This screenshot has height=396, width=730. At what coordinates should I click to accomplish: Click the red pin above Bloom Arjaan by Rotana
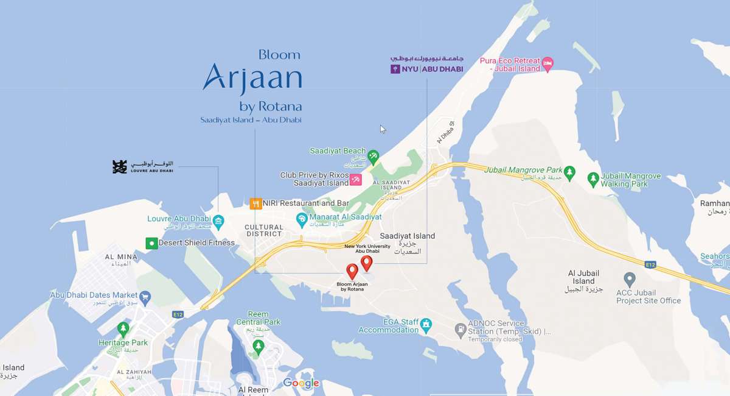point(352,271)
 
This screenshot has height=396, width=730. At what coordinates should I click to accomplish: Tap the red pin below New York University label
point(366,263)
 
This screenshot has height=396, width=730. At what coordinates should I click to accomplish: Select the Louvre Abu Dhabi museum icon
point(218,219)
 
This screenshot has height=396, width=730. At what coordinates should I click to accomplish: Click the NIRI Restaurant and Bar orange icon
point(256,203)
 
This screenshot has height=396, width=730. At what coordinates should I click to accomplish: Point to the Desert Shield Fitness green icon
point(151,243)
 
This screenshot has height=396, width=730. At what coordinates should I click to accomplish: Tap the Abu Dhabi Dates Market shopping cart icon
point(145,297)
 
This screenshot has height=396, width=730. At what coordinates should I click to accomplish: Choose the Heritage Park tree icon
point(123,330)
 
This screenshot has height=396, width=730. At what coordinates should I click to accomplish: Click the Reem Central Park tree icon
point(258,347)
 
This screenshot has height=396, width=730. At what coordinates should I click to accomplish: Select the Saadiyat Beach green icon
point(374,156)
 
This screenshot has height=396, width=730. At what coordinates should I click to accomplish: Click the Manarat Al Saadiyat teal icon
point(301,217)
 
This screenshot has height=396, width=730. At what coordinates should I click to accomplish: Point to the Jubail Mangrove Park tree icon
point(569,173)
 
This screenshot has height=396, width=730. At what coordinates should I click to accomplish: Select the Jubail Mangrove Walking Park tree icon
point(593,179)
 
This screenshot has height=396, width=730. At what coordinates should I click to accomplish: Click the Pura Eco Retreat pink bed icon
point(548,63)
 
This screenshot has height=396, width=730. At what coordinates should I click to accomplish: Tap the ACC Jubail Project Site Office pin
point(630,280)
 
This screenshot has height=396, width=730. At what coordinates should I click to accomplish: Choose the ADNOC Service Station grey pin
point(461,331)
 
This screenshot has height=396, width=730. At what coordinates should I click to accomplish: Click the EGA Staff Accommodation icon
point(426,325)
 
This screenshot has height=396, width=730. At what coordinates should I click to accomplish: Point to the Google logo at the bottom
point(301,383)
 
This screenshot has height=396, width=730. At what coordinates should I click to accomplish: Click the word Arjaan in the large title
point(252,77)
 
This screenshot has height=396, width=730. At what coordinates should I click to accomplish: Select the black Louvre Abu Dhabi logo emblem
point(120,166)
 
